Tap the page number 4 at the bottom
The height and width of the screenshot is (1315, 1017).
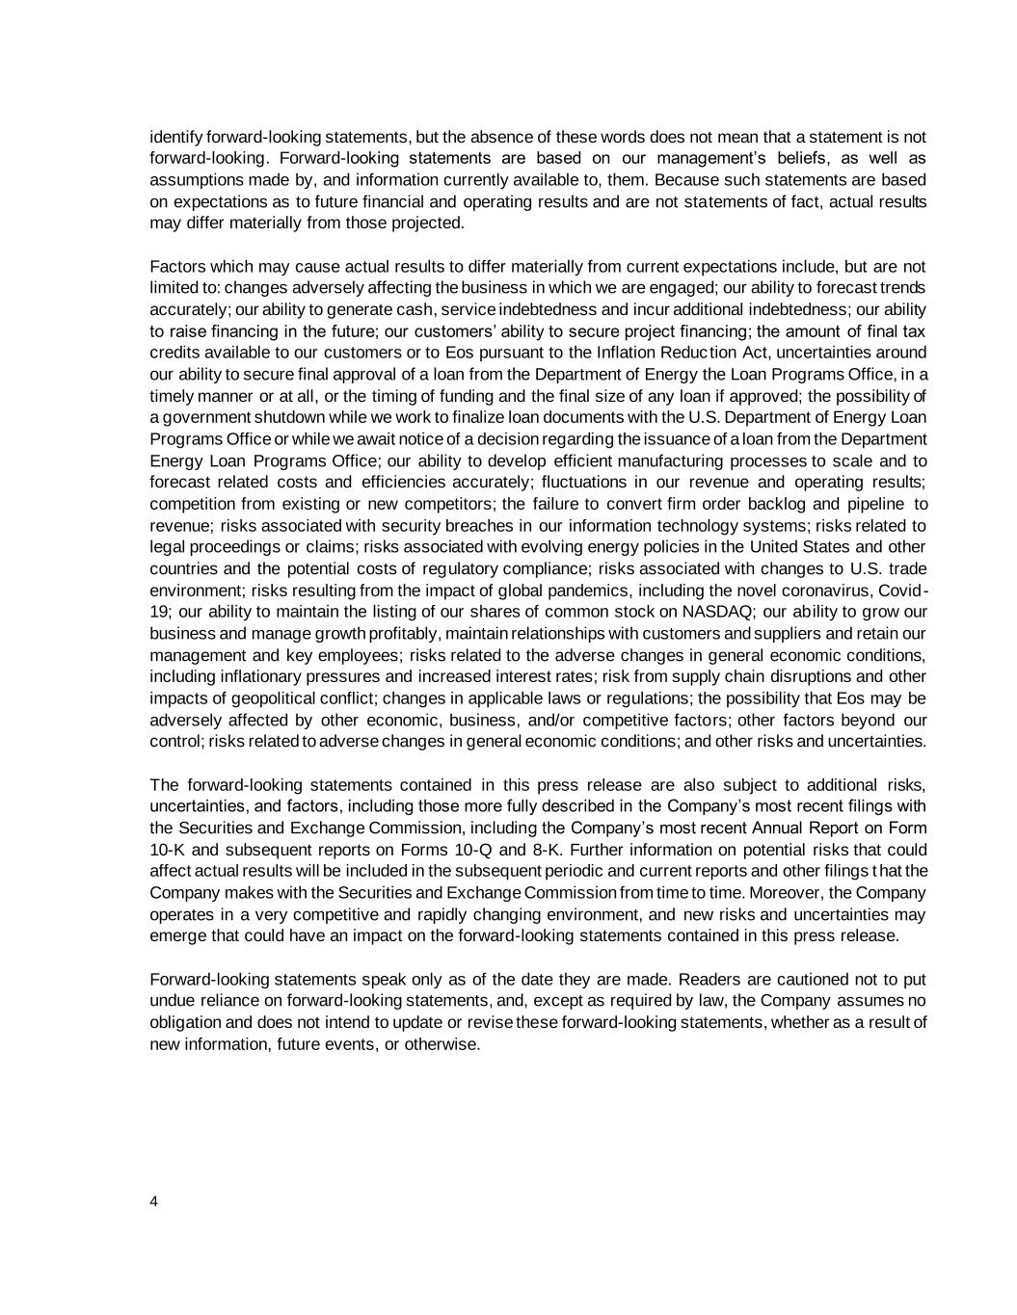[154, 1200]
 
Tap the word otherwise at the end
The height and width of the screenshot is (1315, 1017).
[442, 1044]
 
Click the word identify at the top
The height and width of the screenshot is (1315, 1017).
[176, 137]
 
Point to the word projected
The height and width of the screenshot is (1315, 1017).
[429, 224]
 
